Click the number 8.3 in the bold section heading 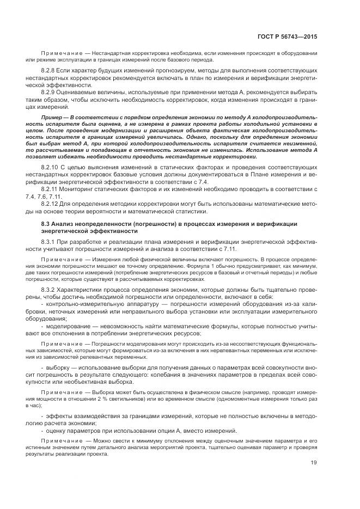(46, 224)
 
